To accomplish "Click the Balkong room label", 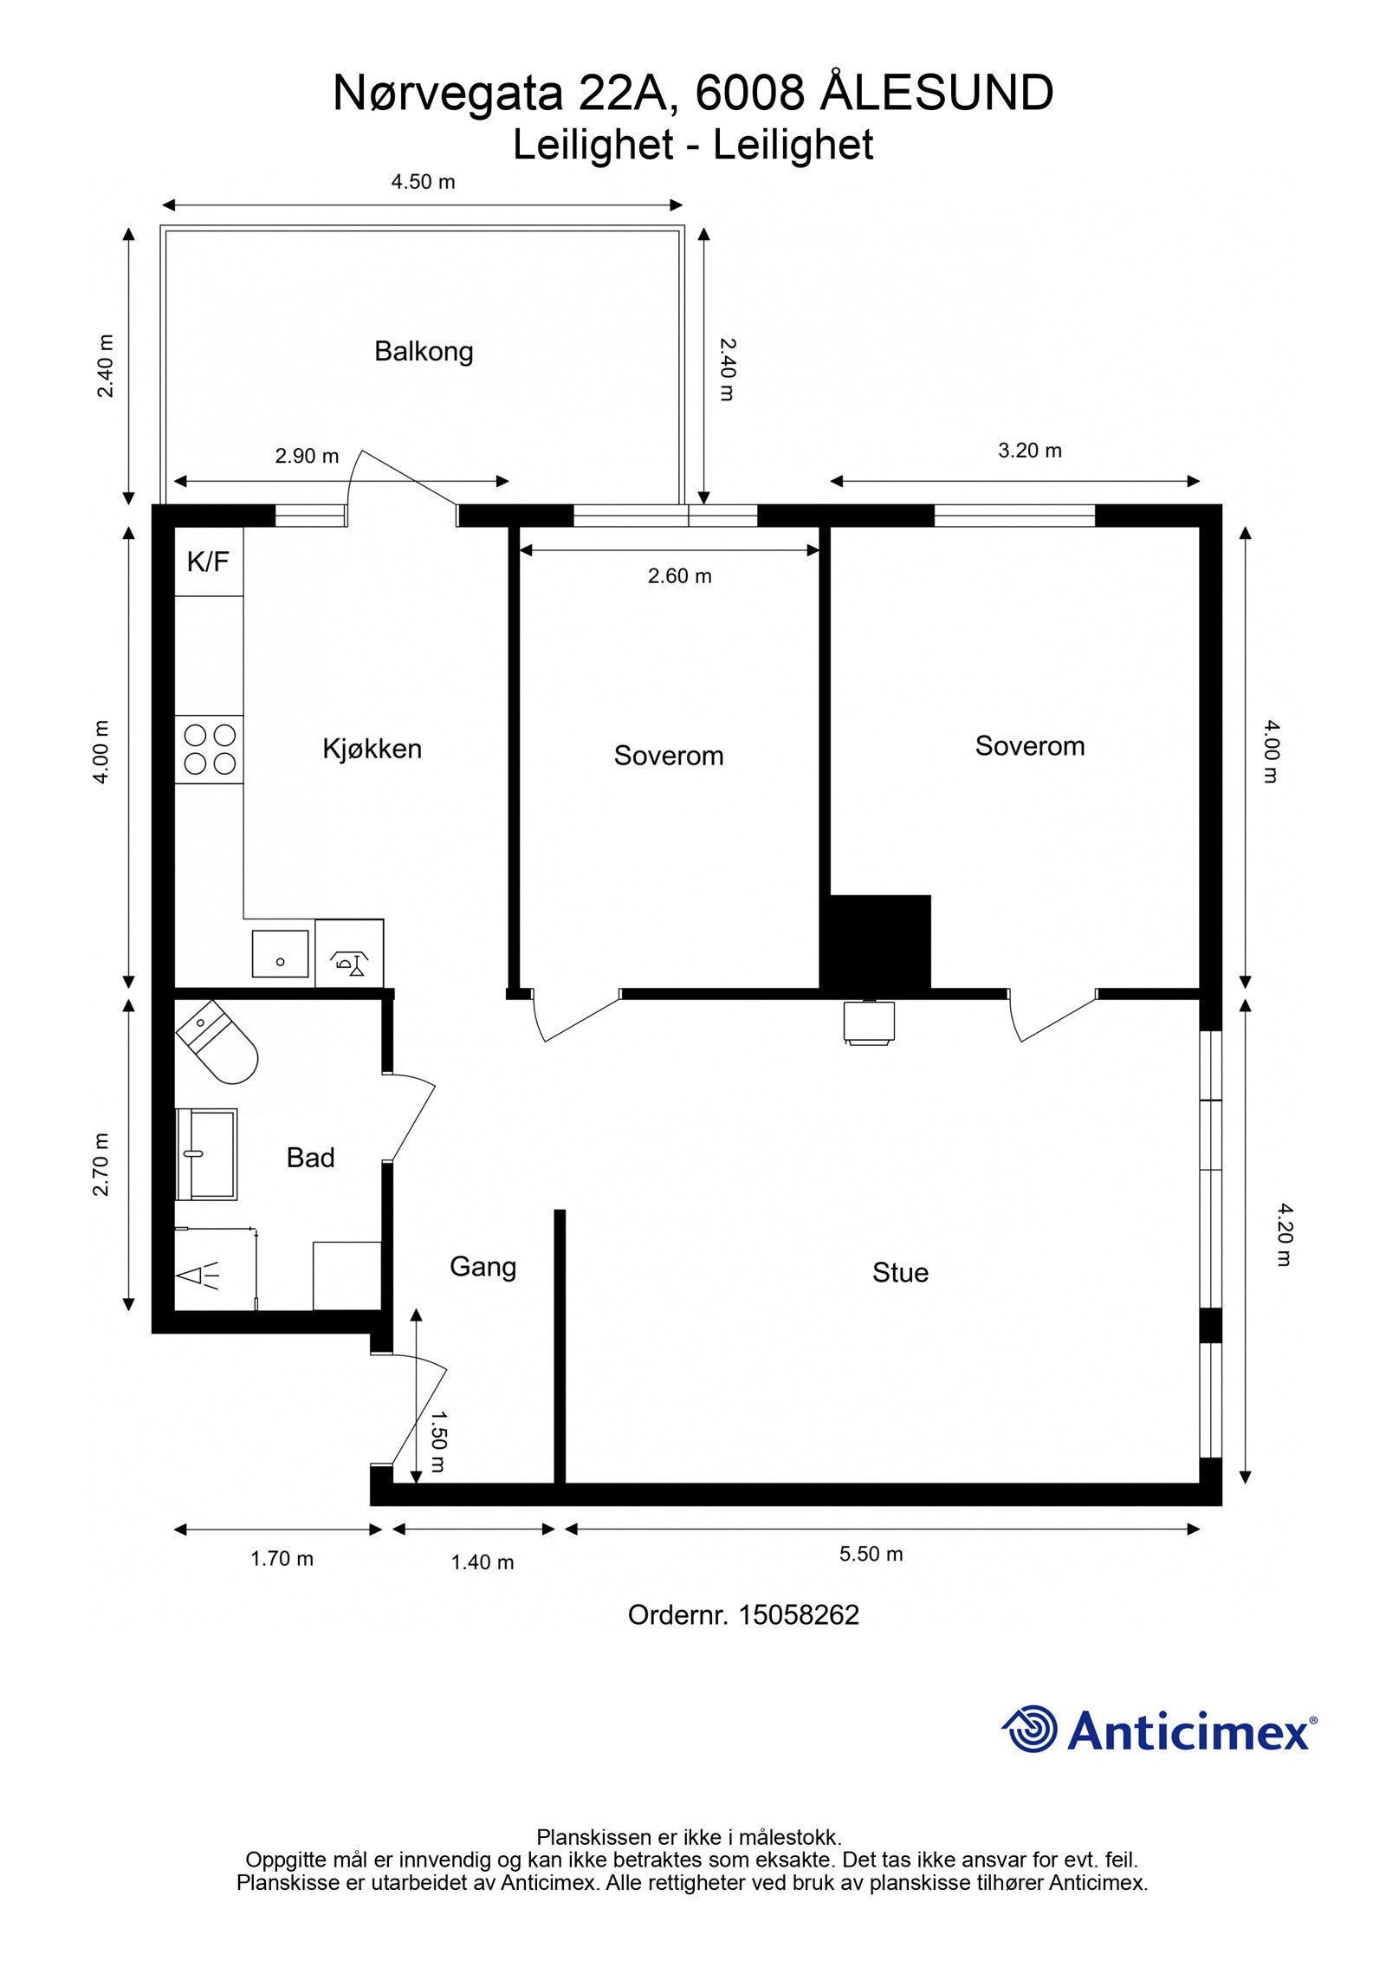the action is coord(424,352).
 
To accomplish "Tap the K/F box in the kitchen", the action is coord(209,561).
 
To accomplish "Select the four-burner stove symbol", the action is coord(210,750).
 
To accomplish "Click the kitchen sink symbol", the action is coord(281,953).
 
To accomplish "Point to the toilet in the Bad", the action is coord(217,1042).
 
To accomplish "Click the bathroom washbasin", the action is coord(206,1153).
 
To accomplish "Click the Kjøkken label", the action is coord(372,749).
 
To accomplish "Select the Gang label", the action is coord(483,1268).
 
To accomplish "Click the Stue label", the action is coord(900,1273).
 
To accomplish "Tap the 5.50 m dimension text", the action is coord(871,1554).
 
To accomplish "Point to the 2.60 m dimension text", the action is coord(680,576).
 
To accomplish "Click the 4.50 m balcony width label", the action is coord(423,182).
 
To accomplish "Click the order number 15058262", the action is coord(799,1614).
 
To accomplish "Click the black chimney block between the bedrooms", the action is coord(876,942).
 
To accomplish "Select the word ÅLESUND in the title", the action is coord(936,93).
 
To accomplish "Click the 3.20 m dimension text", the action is coord(1030,451).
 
